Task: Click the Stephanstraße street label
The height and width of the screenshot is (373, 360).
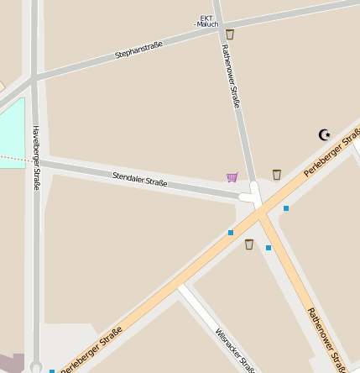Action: [x=138, y=50]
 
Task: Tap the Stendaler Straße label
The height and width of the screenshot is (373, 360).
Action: [x=140, y=179]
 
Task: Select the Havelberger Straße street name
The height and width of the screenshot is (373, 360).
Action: [x=36, y=157]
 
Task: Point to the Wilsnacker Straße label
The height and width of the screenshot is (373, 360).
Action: [x=235, y=349]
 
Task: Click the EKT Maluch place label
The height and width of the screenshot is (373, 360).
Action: [x=206, y=20]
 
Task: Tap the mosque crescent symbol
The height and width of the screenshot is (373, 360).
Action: [x=325, y=134]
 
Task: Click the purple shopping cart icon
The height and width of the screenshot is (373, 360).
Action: [x=232, y=177]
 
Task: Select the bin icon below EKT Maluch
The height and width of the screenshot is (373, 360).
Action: [x=230, y=34]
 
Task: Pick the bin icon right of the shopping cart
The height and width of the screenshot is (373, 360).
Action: [x=277, y=175]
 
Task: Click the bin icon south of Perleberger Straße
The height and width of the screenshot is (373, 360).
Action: [x=249, y=244]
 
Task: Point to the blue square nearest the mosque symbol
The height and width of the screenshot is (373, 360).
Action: [x=286, y=208]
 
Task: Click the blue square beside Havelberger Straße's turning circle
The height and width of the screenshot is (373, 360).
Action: [x=52, y=370]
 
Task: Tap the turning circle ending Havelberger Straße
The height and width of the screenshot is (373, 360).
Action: [x=35, y=367]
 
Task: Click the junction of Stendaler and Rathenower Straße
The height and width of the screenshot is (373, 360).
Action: [x=251, y=197]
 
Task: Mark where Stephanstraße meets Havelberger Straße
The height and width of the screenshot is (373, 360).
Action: [x=34, y=80]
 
